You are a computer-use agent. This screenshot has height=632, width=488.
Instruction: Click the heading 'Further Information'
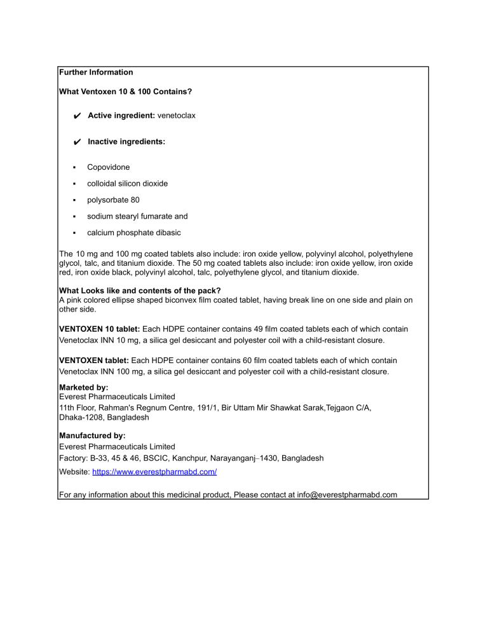(96, 72)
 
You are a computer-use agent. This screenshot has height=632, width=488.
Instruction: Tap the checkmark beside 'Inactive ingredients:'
(76, 142)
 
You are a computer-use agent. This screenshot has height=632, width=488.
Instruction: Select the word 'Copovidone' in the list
(108, 167)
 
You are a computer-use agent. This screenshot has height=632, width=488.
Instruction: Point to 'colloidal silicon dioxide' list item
(127, 184)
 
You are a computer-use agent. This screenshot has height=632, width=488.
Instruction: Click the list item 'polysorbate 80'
(113, 200)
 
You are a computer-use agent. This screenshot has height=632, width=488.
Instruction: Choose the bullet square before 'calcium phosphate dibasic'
(74, 233)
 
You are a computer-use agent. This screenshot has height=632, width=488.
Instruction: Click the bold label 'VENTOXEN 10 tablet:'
(99, 329)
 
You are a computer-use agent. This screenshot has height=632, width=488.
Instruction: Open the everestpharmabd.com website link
(154, 472)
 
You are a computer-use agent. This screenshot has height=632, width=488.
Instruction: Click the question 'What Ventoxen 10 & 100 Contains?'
(125, 92)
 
